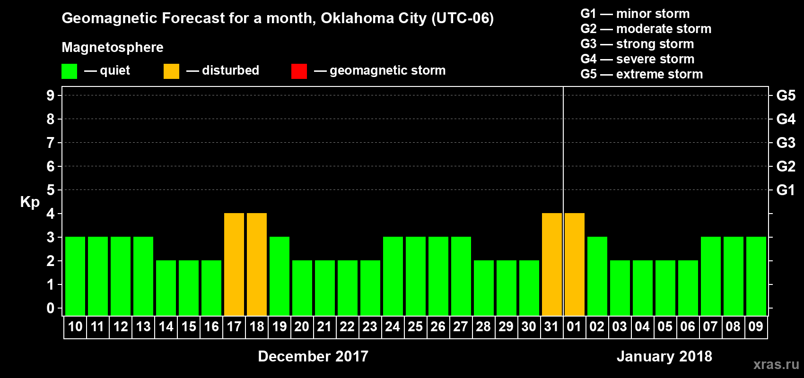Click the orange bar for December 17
coord(234,265)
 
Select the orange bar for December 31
coord(552,265)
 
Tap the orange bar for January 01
coord(575,265)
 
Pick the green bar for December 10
coord(75,276)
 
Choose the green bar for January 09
coord(756,276)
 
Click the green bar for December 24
coord(393,276)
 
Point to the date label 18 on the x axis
coord(257,326)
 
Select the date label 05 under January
coord(665,326)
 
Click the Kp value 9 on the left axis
coord(51,95)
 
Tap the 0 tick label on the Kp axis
coord(51,308)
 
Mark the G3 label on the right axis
coord(786,143)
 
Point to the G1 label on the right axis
coord(786,190)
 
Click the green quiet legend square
coord(70,71)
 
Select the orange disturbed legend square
coord(172,71)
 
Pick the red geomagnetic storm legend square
coord(299,71)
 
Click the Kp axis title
coord(30,202)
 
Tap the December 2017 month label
coord(313,356)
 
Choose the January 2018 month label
coord(664,356)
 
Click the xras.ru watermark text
coord(776,364)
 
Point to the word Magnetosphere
coord(113,47)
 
